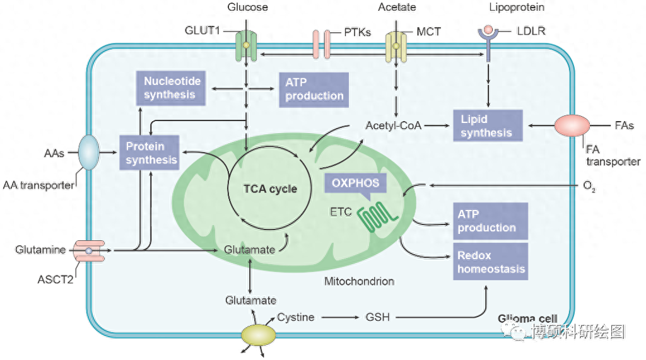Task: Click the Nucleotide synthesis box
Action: click(x=172, y=88)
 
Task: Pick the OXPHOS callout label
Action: click(x=356, y=183)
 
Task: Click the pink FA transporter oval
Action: click(x=572, y=125)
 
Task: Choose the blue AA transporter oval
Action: click(x=89, y=153)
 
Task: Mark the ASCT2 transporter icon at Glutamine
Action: click(x=89, y=251)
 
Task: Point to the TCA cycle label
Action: click(x=270, y=189)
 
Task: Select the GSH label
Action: click(x=377, y=317)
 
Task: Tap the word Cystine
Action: click(x=295, y=317)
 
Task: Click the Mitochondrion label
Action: click(x=359, y=281)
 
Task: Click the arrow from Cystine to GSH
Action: click(x=340, y=317)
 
